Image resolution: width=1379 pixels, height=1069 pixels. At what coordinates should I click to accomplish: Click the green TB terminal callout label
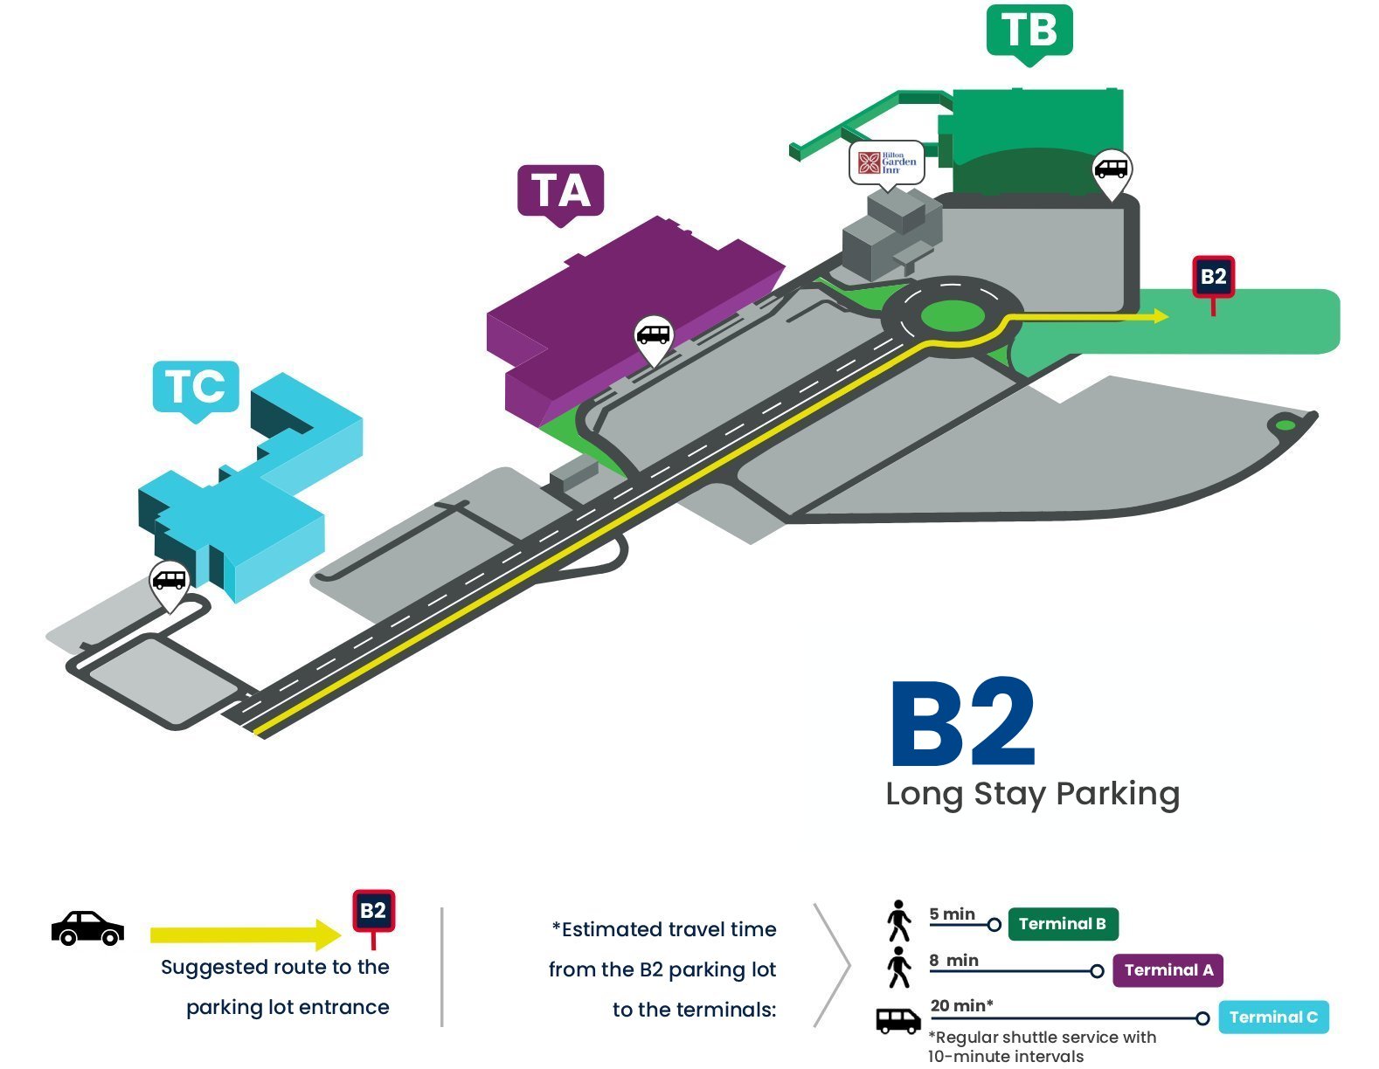point(1029,31)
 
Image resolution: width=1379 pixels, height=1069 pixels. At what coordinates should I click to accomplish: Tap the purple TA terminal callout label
point(560,192)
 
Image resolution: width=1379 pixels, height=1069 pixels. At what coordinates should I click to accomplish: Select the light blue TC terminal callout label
point(196,388)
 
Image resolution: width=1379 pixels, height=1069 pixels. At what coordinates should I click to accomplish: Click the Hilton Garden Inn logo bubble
point(886,163)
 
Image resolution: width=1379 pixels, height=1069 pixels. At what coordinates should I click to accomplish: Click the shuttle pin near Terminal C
point(170,584)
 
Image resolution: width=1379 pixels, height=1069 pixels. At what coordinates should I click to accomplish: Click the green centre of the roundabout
point(952,316)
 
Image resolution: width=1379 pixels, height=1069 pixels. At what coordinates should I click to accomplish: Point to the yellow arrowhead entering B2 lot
point(1161,315)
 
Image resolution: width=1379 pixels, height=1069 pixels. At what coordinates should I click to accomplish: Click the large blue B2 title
point(963,723)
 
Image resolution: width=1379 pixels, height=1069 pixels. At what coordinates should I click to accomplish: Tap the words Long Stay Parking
point(1032,795)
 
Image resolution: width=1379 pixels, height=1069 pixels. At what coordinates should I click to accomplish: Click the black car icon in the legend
point(87,928)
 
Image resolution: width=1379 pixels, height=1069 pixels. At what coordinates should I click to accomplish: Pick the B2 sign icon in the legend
point(373,917)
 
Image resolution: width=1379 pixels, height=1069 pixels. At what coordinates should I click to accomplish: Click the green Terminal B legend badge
point(1063,924)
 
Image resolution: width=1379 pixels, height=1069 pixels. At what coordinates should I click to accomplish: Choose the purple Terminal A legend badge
point(1168,970)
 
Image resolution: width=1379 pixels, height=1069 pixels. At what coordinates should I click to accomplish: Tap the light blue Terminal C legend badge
point(1273,1017)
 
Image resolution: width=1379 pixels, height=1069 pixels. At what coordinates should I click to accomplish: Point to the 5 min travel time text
point(952,914)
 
